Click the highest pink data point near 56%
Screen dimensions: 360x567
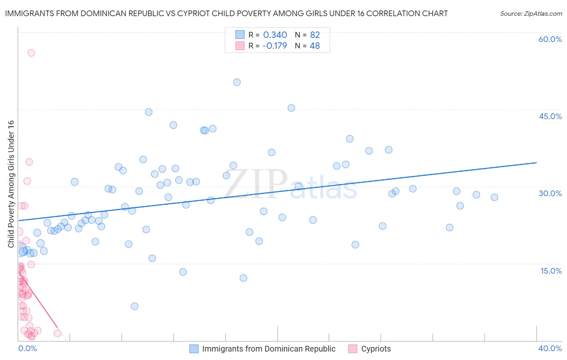(x=31, y=53)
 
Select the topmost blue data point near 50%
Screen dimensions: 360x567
(x=237, y=82)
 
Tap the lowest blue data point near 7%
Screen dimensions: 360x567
(x=135, y=306)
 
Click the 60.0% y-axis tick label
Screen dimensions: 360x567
(x=550, y=39)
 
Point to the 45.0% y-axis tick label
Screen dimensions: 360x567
(x=550, y=116)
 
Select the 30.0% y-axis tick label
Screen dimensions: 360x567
(x=550, y=193)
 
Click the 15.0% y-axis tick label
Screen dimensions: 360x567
(x=551, y=271)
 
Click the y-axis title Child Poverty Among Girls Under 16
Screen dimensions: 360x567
(x=11, y=184)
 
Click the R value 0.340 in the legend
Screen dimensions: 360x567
(x=275, y=35)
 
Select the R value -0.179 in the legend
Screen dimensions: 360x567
(x=275, y=46)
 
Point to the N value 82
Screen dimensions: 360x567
(x=315, y=35)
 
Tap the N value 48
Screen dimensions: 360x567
(x=315, y=46)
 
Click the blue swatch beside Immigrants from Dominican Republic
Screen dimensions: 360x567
(x=194, y=349)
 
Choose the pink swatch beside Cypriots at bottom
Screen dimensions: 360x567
(x=353, y=349)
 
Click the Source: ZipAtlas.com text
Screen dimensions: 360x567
(x=531, y=14)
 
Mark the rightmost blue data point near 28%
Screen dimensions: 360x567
(x=494, y=197)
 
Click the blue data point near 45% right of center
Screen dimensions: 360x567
(x=291, y=108)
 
